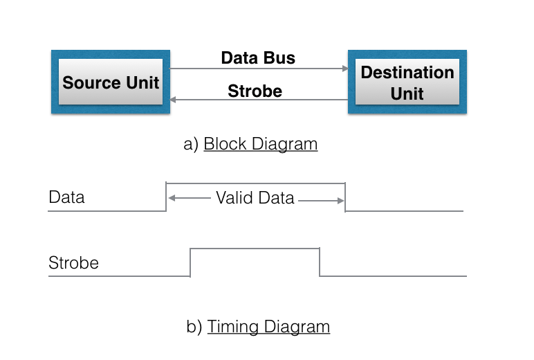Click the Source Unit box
[110, 82]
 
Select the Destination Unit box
[407, 82]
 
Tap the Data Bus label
[258, 58]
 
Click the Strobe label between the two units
[255, 91]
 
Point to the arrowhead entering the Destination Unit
[344, 69]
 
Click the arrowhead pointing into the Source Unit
[174, 100]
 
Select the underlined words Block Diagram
[261, 144]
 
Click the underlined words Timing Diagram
[268, 327]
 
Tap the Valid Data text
[255, 198]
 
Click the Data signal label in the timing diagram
[66, 197]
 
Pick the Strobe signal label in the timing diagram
[73, 263]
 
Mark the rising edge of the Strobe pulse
[190, 262]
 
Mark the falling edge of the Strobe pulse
[320, 262]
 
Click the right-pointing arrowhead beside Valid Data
[340, 201]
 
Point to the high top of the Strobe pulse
[255, 248]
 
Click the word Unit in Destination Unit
[407, 93]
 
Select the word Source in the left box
[86, 82]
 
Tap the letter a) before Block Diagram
[191, 144]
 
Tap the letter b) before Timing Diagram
[194, 327]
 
